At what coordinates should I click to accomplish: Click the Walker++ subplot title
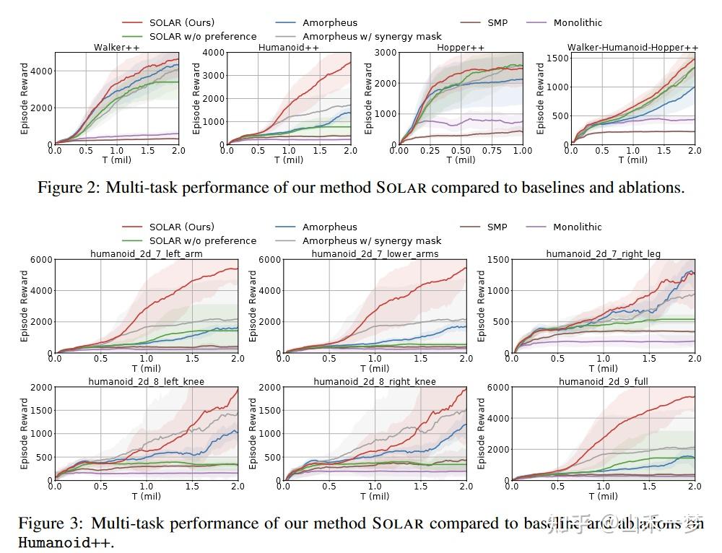tap(116, 48)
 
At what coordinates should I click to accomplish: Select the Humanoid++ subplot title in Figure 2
tap(289, 48)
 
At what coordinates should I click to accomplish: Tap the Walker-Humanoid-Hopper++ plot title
tap(632, 48)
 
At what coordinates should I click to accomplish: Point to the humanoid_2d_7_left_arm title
tap(147, 253)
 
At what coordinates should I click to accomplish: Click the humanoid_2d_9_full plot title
tap(603, 381)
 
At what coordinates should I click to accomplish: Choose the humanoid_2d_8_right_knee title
tap(375, 381)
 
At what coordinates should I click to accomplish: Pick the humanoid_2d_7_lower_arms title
tap(375, 253)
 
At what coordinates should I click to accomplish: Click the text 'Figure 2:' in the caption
tap(69, 188)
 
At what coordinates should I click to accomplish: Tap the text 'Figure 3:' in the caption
tap(50, 523)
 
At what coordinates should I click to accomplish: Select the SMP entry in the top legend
tap(497, 22)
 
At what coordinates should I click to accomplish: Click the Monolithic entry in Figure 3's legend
tap(577, 227)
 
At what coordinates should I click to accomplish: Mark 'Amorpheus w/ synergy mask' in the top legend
tap(372, 36)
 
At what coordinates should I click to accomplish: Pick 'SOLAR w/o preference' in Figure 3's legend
tap(202, 240)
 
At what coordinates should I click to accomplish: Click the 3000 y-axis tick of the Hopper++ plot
tap(385, 53)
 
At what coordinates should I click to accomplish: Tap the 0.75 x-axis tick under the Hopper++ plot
tap(492, 151)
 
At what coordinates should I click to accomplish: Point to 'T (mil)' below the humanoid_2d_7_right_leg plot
tap(603, 368)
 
